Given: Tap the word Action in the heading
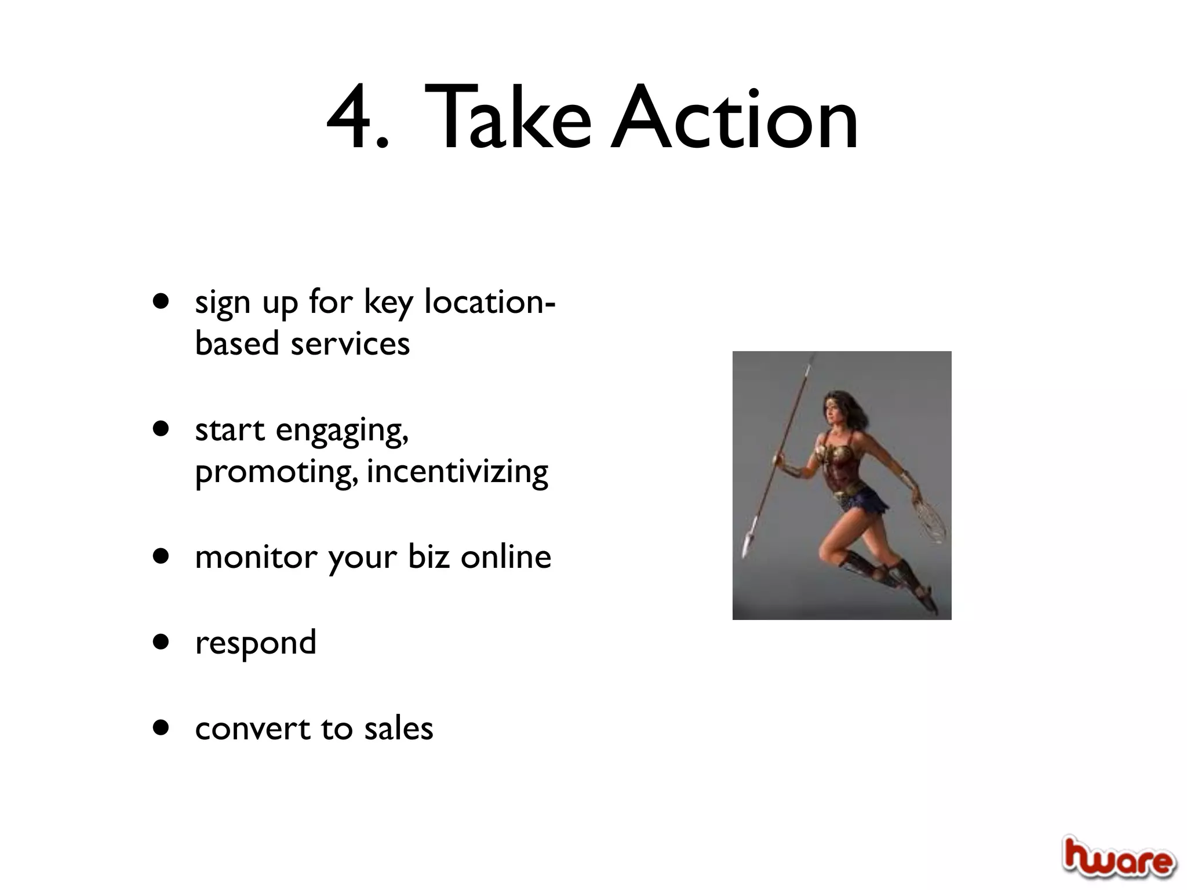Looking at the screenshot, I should click(x=735, y=119).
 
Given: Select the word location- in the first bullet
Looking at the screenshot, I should click(x=490, y=302).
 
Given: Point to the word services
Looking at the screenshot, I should click(x=350, y=344).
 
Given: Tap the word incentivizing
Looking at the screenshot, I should click(x=457, y=472).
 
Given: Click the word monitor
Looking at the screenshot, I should click(x=256, y=557).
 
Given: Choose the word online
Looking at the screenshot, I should click(x=505, y=557).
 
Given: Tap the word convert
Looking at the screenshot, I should click(x=253, y=729).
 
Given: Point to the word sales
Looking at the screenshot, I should click(x=398, y=729).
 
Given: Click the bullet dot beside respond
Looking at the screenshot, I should click(x=161, y=641).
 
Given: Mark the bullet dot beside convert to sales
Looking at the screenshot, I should click(x=161, y=727).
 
